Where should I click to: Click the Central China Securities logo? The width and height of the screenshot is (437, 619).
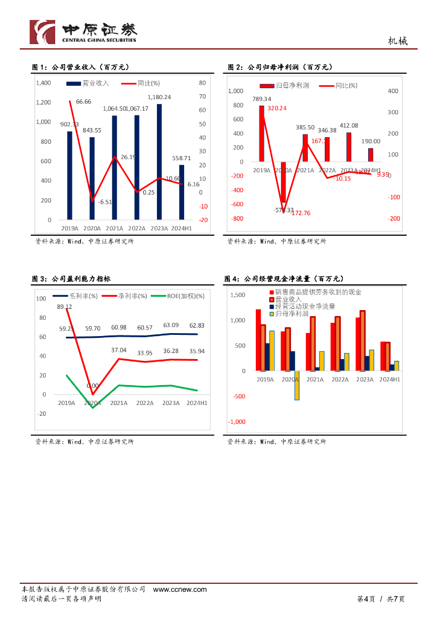(x=85, y=31)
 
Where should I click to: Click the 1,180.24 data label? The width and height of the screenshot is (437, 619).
(x=159, y=97)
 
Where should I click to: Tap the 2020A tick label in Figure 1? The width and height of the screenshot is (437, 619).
(x=92, y=228)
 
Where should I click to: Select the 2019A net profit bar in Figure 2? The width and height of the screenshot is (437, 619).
(x=261, y=134)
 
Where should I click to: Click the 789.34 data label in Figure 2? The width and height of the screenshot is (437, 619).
(x=261, y=99)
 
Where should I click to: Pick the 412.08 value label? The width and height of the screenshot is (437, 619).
(x=348, y=125)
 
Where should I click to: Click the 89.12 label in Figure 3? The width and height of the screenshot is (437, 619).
(x=65, y=306)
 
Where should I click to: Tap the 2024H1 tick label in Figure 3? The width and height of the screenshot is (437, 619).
(x=197, y=403)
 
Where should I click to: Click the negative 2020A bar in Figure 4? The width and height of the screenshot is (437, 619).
(x=297, y=385)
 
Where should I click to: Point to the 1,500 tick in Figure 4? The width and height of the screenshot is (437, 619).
(x=238, y=294)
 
